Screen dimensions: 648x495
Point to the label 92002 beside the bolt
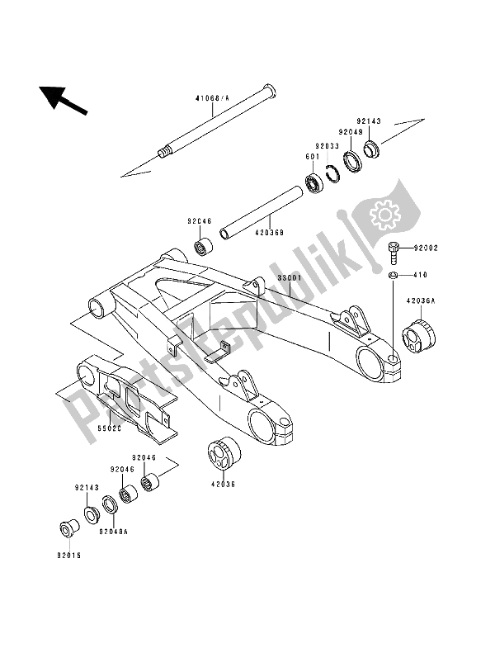[427, 247]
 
